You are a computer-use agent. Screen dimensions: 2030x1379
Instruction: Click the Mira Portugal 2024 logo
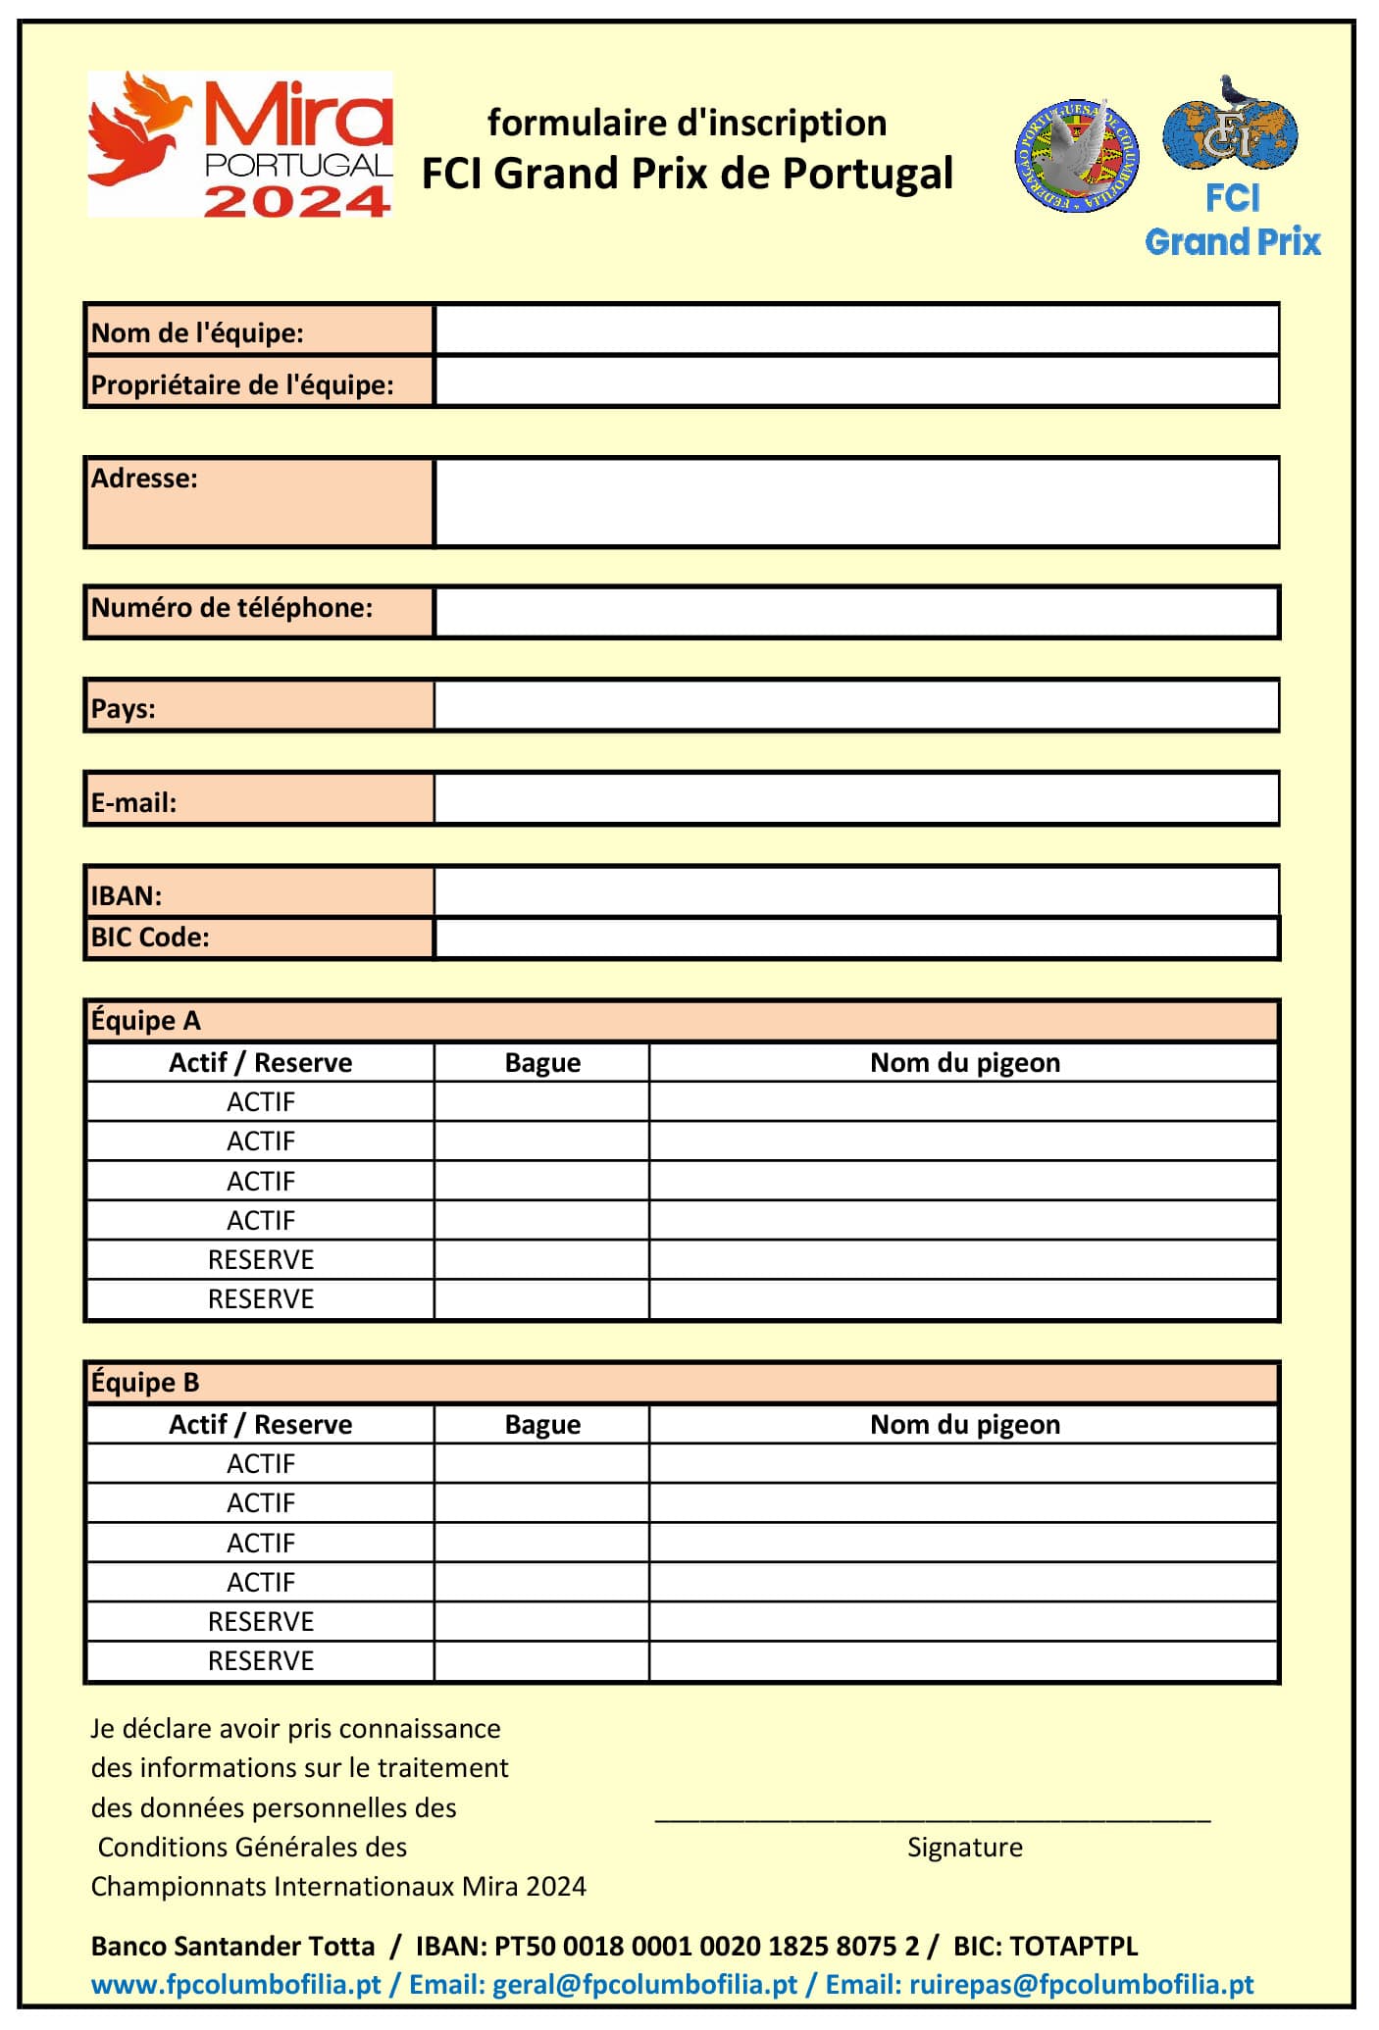point(240,144)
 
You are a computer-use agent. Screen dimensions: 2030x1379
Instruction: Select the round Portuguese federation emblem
point(1076,156)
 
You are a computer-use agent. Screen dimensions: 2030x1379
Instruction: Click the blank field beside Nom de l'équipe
point(856,330)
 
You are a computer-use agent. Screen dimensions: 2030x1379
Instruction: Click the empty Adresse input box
point(856,502)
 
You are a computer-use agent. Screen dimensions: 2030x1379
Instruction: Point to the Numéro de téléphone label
point(231,608)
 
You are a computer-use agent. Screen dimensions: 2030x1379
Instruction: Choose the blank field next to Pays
point(856,705)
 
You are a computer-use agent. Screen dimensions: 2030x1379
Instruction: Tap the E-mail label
point(134,802)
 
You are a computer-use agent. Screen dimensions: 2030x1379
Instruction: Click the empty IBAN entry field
point(856,891)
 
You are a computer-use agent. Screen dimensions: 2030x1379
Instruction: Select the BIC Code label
point(150,938)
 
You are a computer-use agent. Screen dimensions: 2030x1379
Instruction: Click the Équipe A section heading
point(146,1021)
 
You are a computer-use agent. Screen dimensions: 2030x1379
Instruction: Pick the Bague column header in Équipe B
point(542,1424)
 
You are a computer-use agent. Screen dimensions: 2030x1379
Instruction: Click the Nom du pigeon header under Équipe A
point(964,1063)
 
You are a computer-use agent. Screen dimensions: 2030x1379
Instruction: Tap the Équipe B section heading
point(146,1383)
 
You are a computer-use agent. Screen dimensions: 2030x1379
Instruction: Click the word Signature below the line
point(964,1848)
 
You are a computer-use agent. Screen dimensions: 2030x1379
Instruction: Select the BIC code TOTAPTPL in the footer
point(1073,1946)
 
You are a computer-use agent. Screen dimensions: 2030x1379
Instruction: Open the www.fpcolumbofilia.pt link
point(235,1985)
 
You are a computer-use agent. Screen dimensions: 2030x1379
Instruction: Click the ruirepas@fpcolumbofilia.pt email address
point(1081,1985)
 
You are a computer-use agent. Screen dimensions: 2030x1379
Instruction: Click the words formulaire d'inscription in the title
point(687,124)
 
